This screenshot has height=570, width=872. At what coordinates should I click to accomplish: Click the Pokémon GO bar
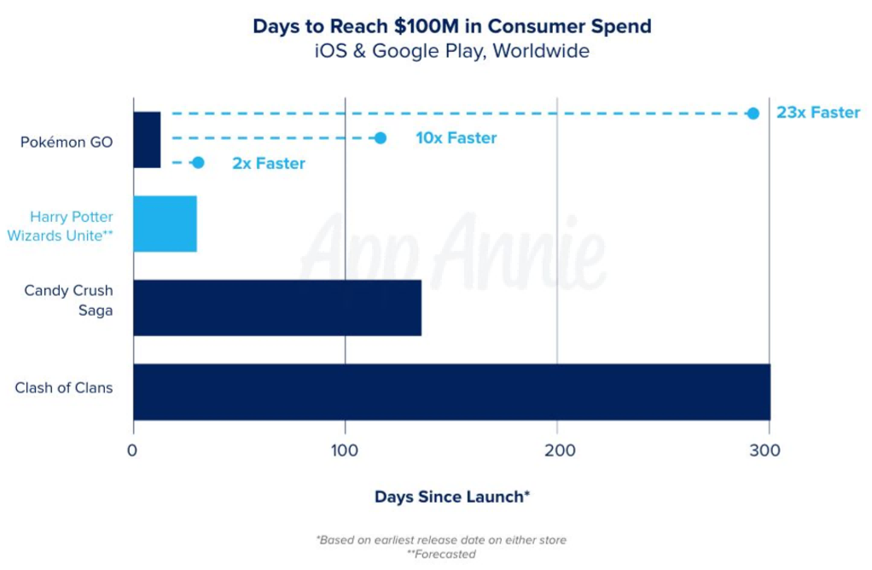click(147, 140)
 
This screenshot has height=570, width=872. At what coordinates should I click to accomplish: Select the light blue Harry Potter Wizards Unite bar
click(165, 224)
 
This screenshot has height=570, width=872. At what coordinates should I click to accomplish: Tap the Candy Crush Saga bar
click(277, 307)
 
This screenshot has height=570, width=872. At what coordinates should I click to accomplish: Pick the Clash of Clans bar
click(451, 392)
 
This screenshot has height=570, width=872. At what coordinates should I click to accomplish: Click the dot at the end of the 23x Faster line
click(753, 113)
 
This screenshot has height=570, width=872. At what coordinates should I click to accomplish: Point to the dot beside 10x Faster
click(381, 138)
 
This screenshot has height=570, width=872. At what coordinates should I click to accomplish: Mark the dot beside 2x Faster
click(198, 163)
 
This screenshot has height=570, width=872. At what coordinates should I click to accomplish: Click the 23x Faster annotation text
click(817, 113)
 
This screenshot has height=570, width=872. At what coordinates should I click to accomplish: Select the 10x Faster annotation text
click(456, 138)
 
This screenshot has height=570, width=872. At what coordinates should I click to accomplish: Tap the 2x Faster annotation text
click(268, 163)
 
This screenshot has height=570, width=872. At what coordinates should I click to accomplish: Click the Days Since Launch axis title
click(452, 497)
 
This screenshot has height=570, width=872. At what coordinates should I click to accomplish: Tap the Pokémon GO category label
click(67, 142)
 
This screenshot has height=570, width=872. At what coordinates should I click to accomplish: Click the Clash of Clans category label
click(64, 388)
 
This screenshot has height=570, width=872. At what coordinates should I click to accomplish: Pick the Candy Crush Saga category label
click(68, 300)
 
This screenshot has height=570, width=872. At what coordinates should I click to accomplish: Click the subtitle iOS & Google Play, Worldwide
click(451, 51)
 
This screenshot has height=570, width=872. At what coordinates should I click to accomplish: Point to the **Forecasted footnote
click(441, 555)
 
